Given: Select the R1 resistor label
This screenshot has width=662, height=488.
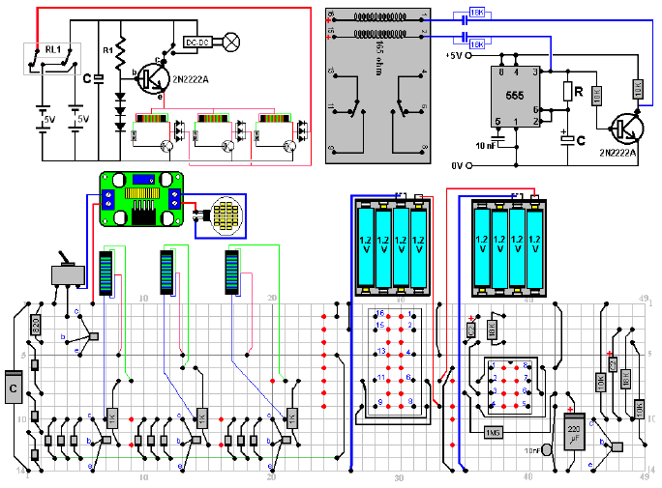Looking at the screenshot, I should [x=108, y=48].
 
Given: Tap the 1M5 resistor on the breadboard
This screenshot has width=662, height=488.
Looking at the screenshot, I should [x=492, y=432].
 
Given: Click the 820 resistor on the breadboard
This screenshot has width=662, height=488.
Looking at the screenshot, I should [x=36, y=325].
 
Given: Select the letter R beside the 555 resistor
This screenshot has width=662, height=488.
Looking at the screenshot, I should [x=579, y=93].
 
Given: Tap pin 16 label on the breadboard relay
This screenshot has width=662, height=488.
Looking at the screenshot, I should [x=380, y=314].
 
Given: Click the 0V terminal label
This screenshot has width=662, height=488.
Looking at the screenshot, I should [x=457, y=165].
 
